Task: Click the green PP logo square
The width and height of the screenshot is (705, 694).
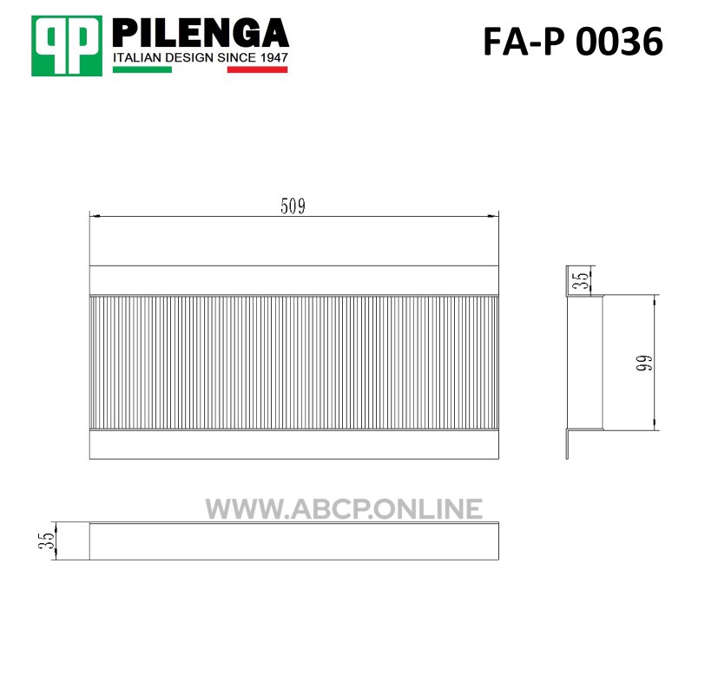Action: click(x=67, y=46)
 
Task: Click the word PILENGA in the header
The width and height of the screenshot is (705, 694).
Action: click(x=200, y=33)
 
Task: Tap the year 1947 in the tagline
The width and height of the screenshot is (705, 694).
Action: click(x=273, y=57)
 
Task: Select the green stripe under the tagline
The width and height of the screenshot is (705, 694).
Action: click(x=142, y=69)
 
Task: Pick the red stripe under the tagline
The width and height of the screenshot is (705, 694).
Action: click(x=257, y=69)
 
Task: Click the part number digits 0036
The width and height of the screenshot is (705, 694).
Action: click(x=619, y=42)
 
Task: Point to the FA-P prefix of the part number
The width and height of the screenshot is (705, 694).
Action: click(x=524, y=42)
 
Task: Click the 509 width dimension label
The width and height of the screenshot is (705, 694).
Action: click(x=293, y=206)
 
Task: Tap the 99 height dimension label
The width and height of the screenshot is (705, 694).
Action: click(x=644, y=363)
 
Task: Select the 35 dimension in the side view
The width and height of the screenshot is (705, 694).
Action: click(x=582, y=280)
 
